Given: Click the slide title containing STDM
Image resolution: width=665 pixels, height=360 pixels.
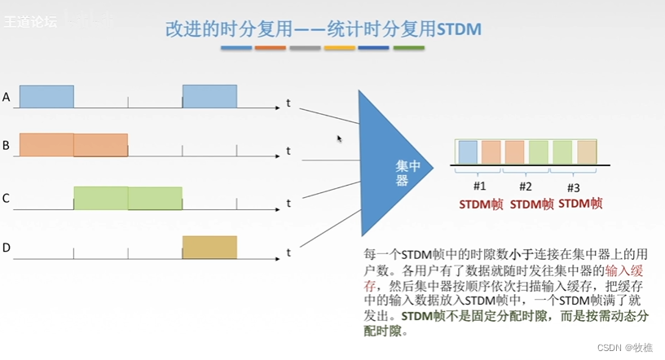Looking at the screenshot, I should pyautogui.click(x=324, y=29).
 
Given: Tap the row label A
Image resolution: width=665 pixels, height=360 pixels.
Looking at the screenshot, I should pyautogui.click(x=7, y=98).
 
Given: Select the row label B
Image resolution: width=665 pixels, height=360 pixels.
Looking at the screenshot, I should pyautogui.click(x=7, y=146).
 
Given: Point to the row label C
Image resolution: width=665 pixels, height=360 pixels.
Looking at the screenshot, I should pyautogui.click(x=7, y=197).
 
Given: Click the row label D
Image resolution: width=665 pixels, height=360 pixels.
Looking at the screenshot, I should pyautogui.click(x=7, y=248).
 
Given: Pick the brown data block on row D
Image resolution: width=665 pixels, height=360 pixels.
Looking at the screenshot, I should pyautogui.click(x=209, y=247).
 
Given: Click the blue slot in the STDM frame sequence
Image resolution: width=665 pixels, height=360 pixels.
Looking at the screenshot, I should pyautogui.click(x=468, y=153).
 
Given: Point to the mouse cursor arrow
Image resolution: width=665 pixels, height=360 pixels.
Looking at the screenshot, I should pyautogui.click(x=340, y=138).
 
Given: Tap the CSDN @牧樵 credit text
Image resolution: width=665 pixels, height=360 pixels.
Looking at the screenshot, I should pyautogui.click(x=624, y=347).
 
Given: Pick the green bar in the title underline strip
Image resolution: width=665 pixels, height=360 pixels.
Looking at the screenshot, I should pyautogui.click(x=408, y=49).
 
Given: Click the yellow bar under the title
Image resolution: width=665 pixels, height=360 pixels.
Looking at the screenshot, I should pyautogui.click(x=339, y=49).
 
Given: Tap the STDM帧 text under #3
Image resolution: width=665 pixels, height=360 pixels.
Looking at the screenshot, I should pyautogui.click(x=581, y=203).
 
